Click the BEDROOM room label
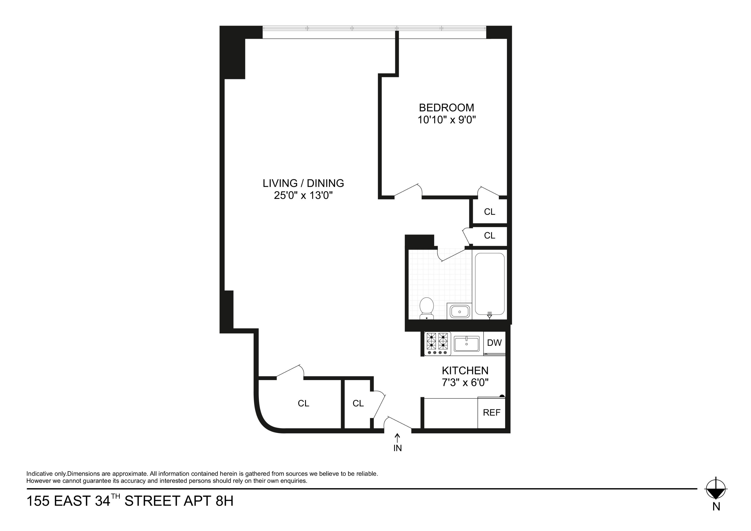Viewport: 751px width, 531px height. tap(446, 108)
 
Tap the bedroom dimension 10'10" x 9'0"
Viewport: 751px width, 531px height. tap(446, 120)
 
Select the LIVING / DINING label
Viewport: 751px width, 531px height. tap(303, 183)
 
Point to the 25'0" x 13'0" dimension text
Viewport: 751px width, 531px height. tap(303, 195)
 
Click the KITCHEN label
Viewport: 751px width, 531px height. tap(465, 371)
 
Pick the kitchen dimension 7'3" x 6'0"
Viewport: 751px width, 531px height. tap(465, 383)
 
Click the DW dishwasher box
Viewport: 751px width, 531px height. tap(494, 343)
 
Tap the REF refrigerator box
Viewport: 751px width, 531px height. tap(491, 413)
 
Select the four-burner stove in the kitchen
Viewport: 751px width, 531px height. tap(437, 343)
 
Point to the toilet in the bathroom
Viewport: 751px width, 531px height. tap(427, 308)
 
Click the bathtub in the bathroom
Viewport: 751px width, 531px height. tap(489, 284)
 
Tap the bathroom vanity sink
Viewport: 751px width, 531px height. tap(459, 311)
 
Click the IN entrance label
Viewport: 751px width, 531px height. tap(398, 448)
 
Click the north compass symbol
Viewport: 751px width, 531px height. tap(716, 490)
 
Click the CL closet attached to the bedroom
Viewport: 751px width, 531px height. tap(489, 212)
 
